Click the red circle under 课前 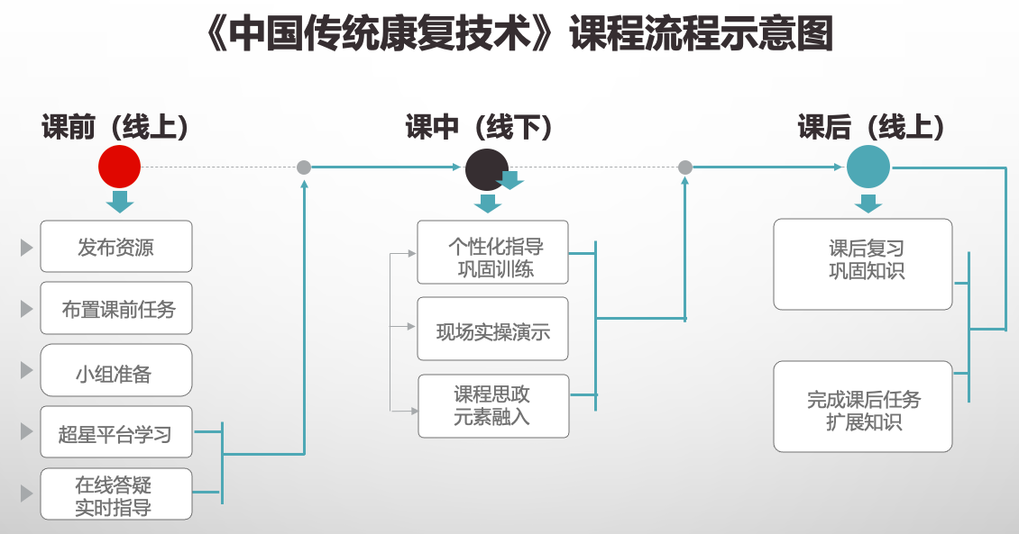coord(119,167)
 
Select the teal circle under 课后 coord(868,167)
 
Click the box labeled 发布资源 coord(116,247)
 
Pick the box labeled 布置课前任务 coord(116,309)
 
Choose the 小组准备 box coord(116,371)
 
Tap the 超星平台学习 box coord(116,433)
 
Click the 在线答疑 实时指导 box coord(116,494)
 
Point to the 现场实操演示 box coord(492,330)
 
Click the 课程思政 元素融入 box coord(492,406)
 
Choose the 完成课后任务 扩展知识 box coord(863,407)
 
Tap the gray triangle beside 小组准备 coord(26,370)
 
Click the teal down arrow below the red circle coord(120,202)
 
